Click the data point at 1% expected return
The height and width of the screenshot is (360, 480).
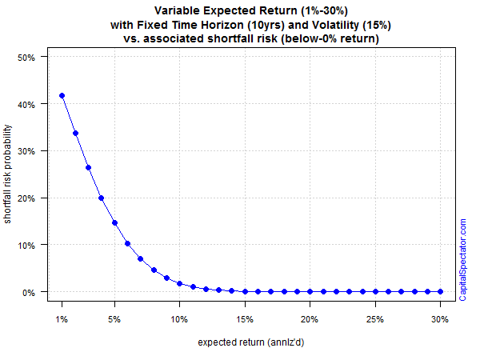[62, 96]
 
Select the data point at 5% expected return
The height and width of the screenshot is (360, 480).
[114, 223]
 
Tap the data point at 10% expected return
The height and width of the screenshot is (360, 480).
[180, 284]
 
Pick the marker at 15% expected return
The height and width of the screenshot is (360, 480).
[246, 292]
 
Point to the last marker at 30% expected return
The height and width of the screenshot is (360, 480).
[441, 292]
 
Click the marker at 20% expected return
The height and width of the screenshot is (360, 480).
[310, 292]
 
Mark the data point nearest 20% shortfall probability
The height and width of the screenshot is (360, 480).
[102, 198]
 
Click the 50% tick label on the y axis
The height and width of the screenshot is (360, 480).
[26, 58]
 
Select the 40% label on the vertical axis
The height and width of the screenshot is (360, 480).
[26, 105]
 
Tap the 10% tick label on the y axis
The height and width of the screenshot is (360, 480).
[26, 246]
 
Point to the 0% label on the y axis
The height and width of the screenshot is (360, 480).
[29, 293]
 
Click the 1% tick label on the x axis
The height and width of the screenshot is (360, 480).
[62, 319]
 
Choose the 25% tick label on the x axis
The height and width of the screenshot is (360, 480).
[375, 319]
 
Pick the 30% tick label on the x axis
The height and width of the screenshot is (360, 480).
[440, 319]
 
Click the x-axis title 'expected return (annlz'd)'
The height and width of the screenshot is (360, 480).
[251, 342]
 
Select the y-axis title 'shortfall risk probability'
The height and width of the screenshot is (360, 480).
[7, 174]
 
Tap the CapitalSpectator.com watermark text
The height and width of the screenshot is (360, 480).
[462, 259]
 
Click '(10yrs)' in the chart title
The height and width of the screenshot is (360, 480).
[266, 25]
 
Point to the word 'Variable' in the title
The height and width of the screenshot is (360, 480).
[177, 10]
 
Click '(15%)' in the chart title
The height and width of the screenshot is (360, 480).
[377, 25]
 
